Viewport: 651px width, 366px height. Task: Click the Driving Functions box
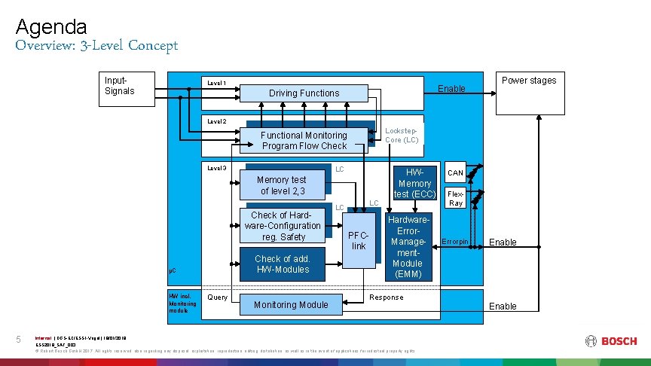coord(304,93)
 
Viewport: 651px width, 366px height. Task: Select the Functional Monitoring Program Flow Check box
coord(304,140)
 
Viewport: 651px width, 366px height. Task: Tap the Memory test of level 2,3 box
coord(281,185)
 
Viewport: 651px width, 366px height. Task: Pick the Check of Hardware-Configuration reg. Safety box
coord(283,226)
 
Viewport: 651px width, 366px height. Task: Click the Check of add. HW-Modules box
coord(282,264)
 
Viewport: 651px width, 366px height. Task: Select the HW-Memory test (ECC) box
coord(414,183)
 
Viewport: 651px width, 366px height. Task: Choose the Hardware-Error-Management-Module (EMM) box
coord(408,247)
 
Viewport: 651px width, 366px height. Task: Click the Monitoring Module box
coord(291,305)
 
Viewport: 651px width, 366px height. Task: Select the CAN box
coord(455,173)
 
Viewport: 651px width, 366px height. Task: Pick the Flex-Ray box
coord(455,198)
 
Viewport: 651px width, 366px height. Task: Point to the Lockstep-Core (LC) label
coord(402,135)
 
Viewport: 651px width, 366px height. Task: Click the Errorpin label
coord(454,242)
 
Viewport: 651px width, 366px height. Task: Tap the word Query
coord(217,297)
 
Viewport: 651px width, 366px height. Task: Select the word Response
coord(387,297)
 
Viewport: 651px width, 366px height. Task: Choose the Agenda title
coord(51,28)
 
